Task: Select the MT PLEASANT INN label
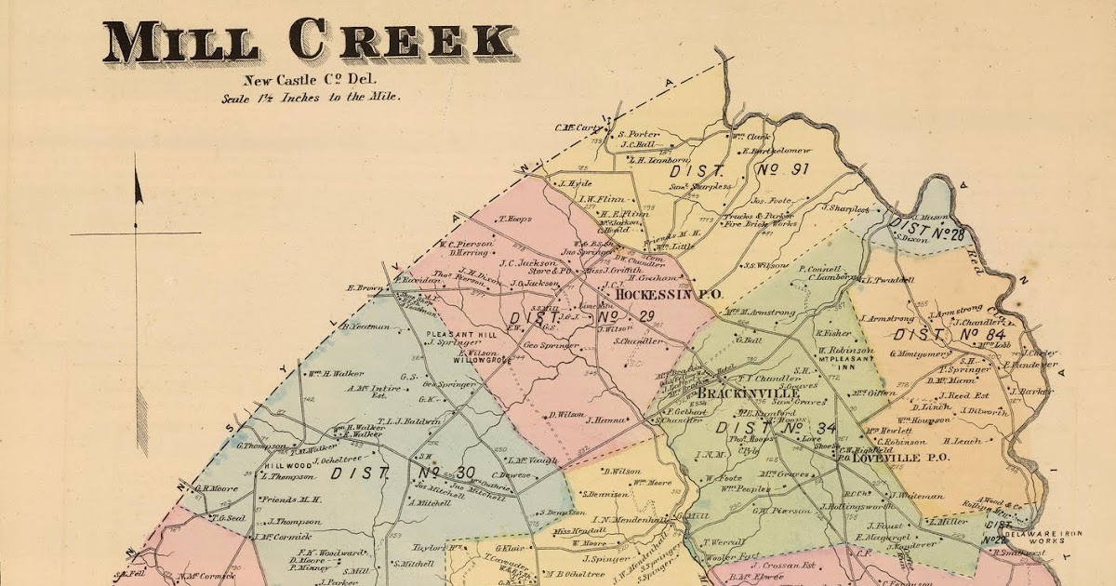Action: point(846,361)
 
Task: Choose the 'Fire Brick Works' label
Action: point(760,224)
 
